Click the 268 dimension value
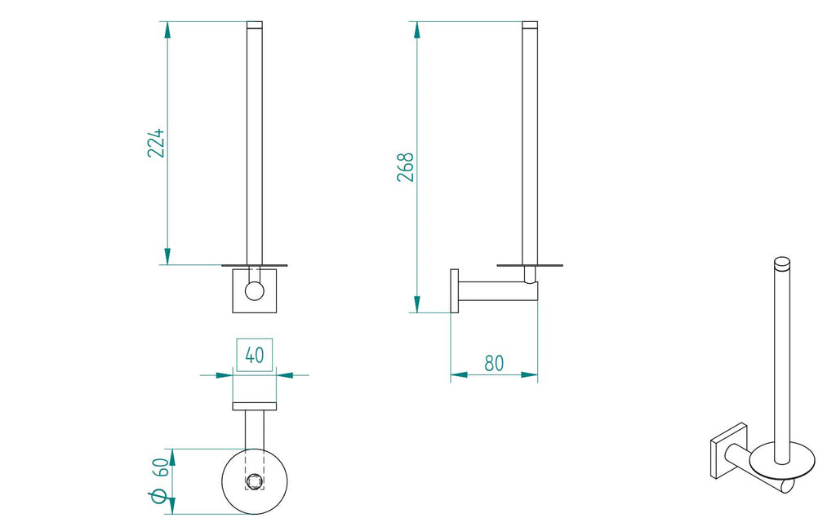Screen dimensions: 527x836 click(406, 166)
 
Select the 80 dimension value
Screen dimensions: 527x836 click(494, 363)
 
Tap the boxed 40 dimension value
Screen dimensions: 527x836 click(255, 356)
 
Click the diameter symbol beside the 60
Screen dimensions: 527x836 click(160, 496)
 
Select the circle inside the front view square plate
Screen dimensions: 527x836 click(255, 292)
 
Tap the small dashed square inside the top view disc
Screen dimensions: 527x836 click(255, 481)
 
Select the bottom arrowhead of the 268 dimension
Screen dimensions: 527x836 click(417, 305)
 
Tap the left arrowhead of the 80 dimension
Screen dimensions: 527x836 click(458, 375)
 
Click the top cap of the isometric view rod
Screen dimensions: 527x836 click(781, 262)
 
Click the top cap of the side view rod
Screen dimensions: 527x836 click(530, 25)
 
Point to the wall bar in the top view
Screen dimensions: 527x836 click(255, 406)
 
